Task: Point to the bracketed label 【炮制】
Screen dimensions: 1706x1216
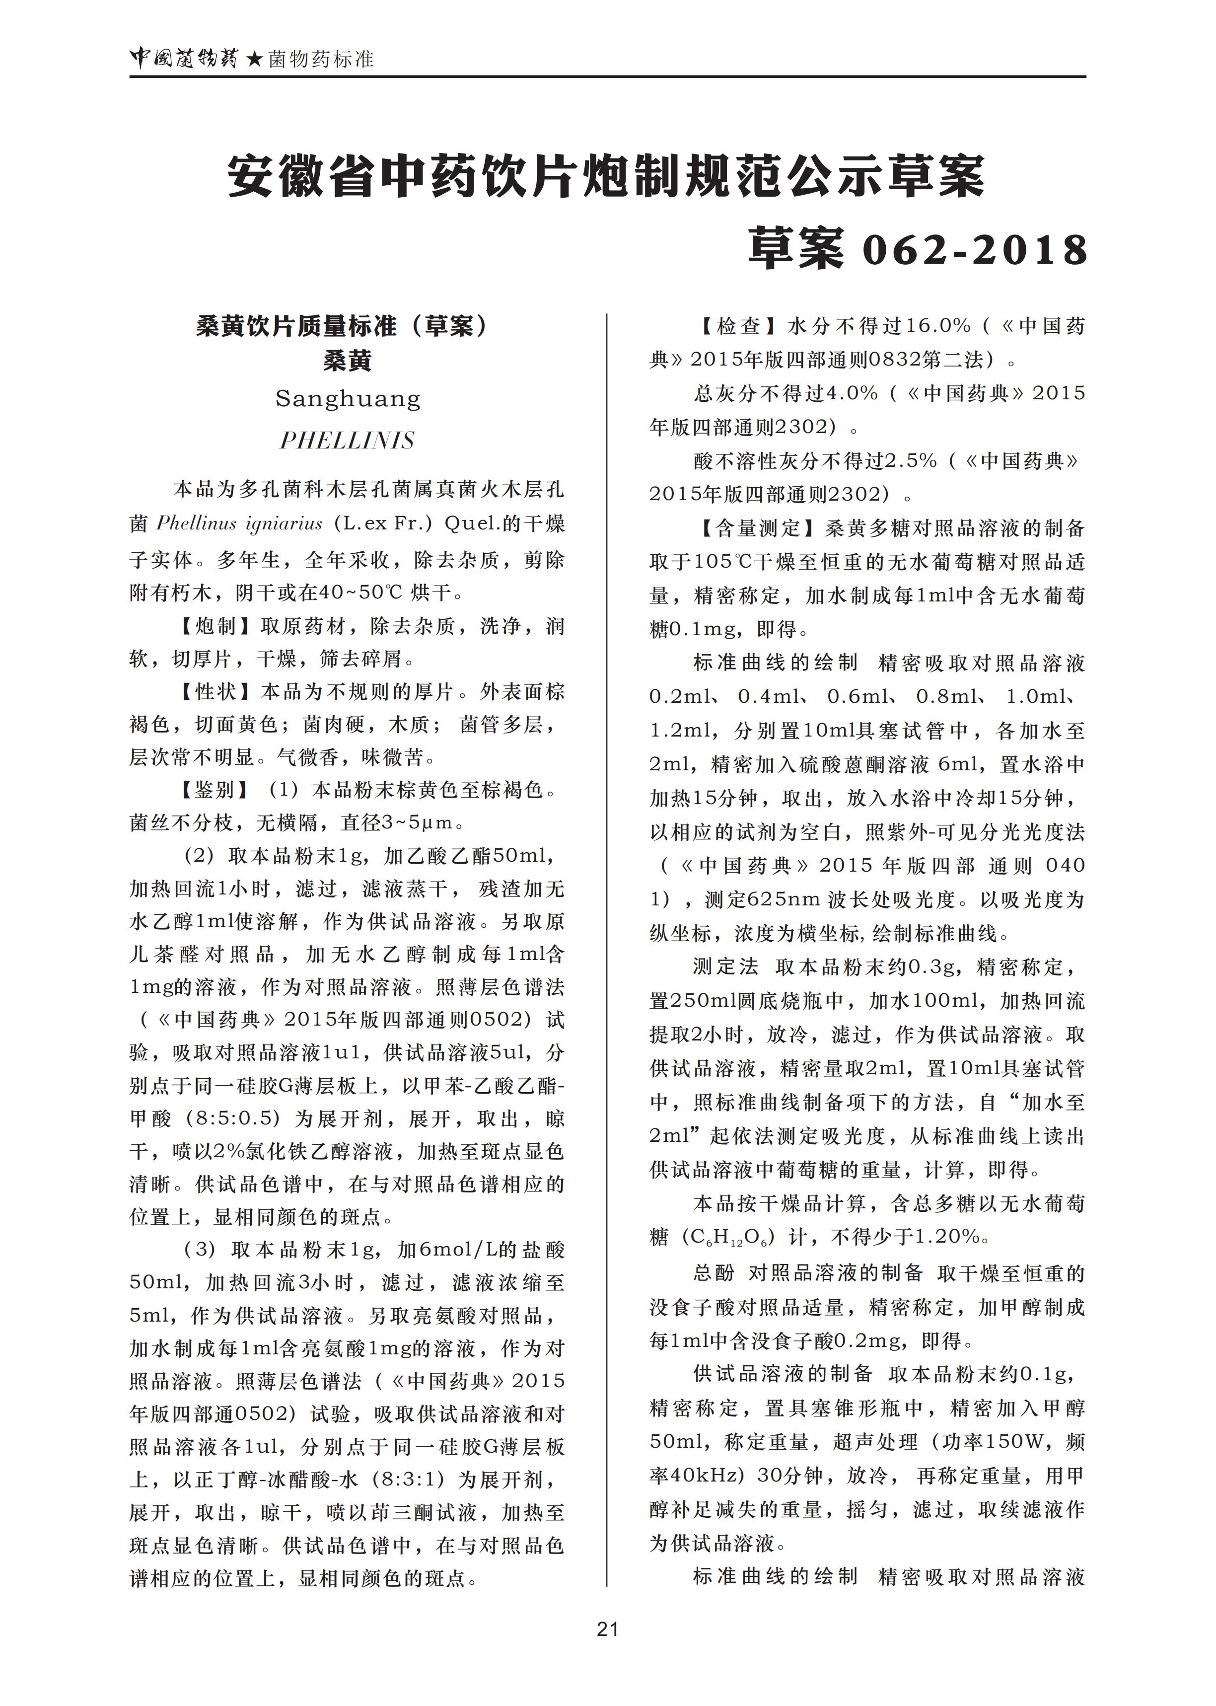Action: (x=216, y=626)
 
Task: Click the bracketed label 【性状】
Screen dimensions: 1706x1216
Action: (x=216, y=691)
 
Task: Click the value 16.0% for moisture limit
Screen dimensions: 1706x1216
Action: (x=938, y=326)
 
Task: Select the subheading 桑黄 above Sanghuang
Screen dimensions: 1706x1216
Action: (x=348, y=361)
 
